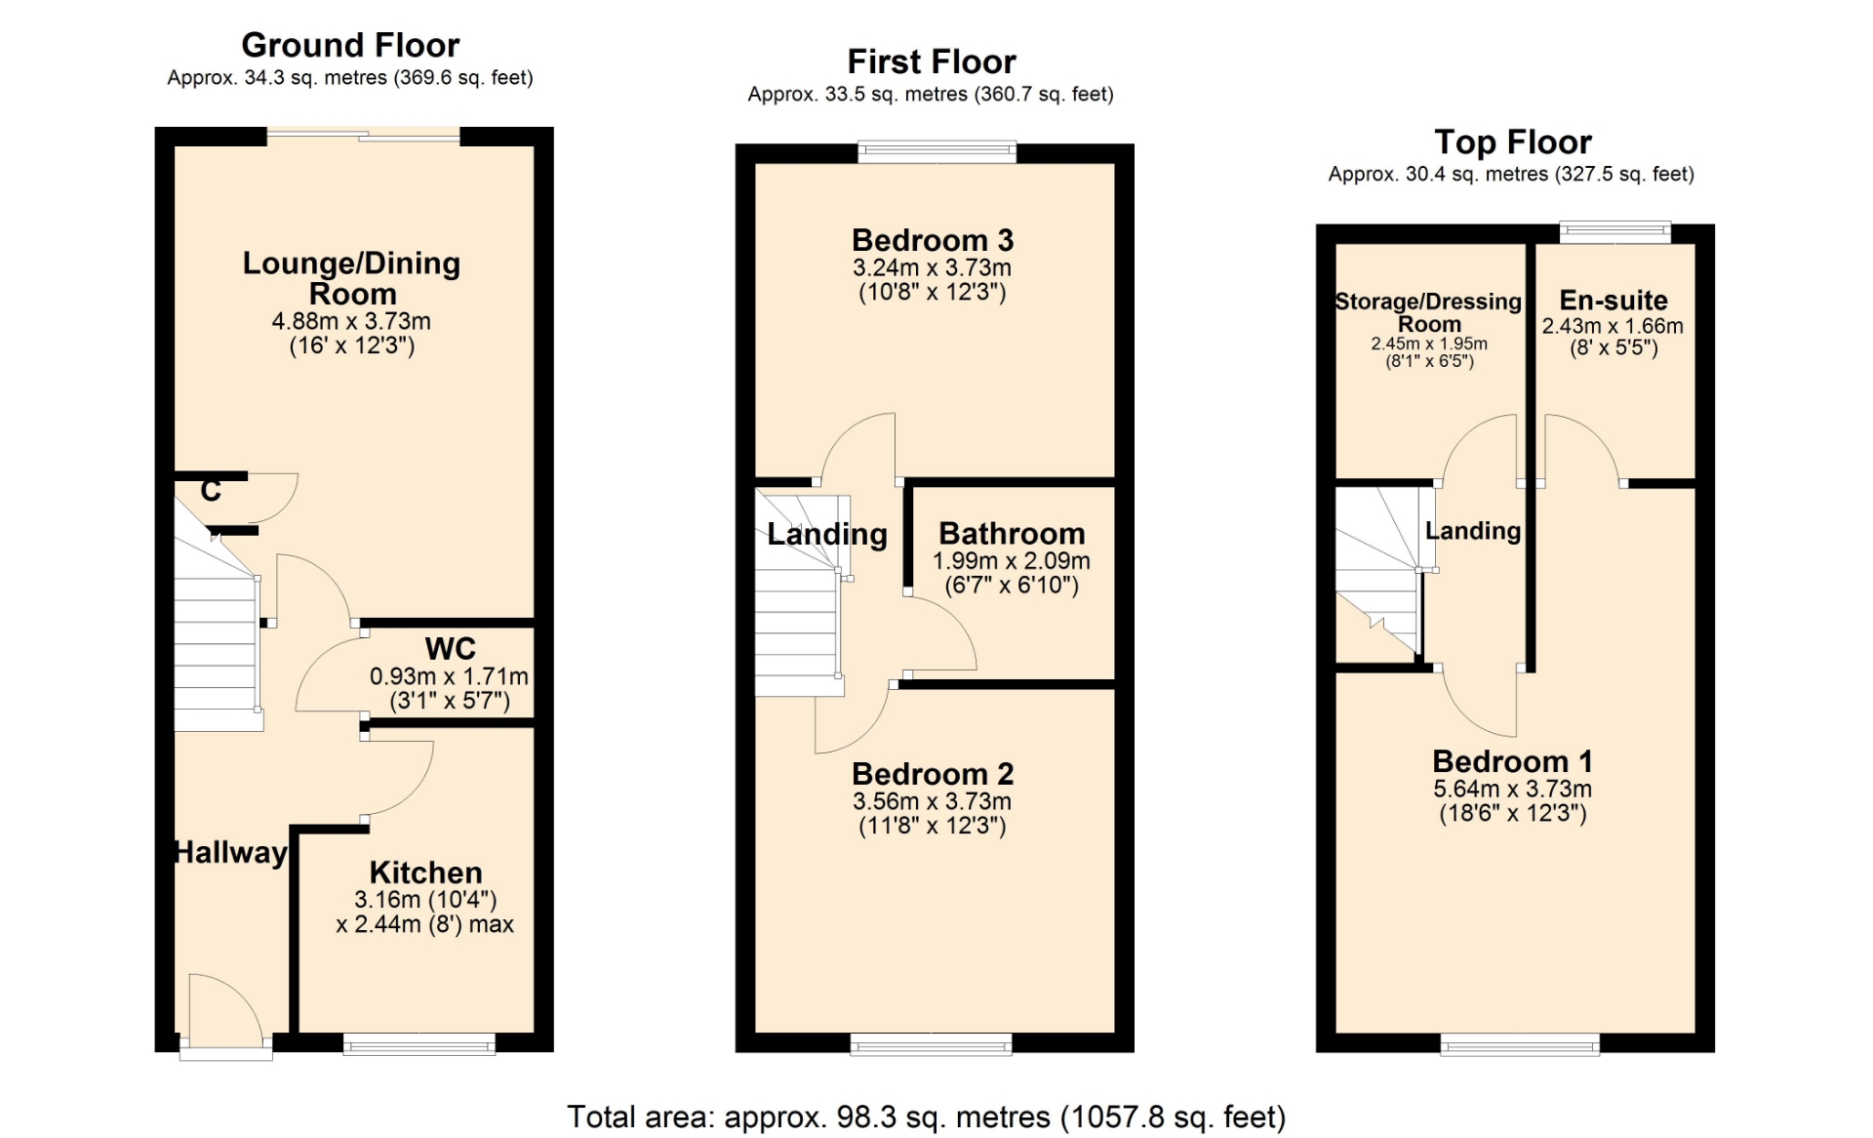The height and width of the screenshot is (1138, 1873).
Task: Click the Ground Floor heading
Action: click(350, 45)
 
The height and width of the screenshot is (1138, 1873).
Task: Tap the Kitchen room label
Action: click(425, 872)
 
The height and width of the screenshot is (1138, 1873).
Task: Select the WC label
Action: click(450, 649)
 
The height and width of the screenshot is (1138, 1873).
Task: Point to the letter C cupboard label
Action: click(211, 490)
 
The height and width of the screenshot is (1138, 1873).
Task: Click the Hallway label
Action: click(231, 852)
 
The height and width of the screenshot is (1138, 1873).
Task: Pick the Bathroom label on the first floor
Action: click(1012, 533)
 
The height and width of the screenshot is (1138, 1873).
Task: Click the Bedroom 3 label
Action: click(933, 240)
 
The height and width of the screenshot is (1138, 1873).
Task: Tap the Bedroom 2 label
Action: click(933, 774)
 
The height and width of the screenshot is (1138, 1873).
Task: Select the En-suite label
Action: click(1614, 300)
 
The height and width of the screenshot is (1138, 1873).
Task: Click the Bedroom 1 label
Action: click(1512, 761)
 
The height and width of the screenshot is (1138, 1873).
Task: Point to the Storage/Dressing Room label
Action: click(1429, 312)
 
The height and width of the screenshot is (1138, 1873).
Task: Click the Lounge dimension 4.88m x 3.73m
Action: click(351, 321)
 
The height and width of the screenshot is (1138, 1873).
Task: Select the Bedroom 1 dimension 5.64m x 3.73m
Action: click(1512, 789)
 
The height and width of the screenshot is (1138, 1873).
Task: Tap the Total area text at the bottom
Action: click(927, 1117)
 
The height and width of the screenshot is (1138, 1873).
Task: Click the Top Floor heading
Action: click(1512, 142)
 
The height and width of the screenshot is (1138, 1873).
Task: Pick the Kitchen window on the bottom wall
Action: click(419, 1045)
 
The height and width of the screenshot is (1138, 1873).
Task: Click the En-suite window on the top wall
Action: click(1614, 232)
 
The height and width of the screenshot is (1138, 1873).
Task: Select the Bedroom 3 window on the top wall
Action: click(936, 151)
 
